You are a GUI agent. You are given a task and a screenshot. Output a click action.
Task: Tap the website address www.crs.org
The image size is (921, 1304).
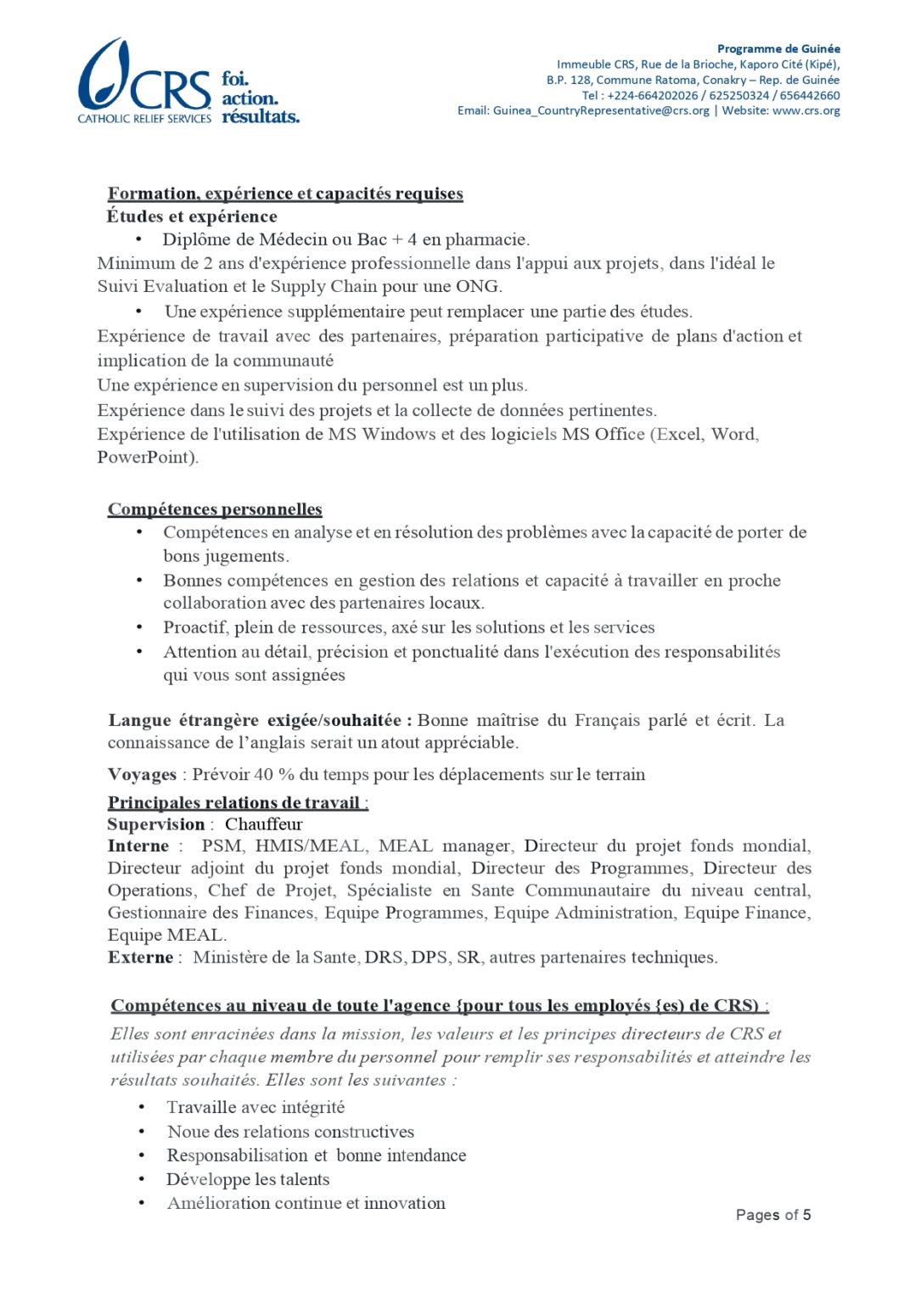[x=806, y=110]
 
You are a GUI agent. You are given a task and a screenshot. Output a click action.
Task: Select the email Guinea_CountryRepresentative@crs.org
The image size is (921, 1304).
[x=601, y=110]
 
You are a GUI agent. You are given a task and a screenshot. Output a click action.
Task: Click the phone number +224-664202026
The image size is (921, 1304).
[x=653, y=95]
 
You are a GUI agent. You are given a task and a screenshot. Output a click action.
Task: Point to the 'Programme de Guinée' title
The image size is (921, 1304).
[x=778, y=48]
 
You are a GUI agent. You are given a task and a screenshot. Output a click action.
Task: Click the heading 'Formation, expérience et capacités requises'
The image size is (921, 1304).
[x=285, y=194]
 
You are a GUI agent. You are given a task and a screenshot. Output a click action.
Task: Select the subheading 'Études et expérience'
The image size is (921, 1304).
[x=192, y=216]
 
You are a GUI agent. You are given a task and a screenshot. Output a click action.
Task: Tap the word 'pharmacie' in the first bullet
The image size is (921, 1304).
[x=487, y=239]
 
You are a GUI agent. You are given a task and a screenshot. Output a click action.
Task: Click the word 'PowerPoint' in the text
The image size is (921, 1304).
[x=147, y=457]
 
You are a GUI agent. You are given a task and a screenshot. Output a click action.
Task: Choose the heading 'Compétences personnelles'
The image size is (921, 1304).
[x=215, y=509]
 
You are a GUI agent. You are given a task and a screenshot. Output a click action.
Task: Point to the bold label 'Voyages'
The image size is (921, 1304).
[x=142, y=774]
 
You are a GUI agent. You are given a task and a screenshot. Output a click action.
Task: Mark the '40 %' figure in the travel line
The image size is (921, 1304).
[x=274, y=774]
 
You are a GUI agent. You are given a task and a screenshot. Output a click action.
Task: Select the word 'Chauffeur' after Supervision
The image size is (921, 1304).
[x=263, y=824]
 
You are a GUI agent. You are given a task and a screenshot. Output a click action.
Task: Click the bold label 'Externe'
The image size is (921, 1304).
[x=140, y=958]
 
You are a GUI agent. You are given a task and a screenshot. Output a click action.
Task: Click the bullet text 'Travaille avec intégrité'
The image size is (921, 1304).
[x=256, y=1107]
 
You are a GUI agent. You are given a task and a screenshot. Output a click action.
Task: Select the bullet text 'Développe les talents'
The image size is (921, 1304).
[x=248, y=1179]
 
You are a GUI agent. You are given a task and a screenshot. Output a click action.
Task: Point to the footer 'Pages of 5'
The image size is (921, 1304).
[x=773, y=1215]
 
